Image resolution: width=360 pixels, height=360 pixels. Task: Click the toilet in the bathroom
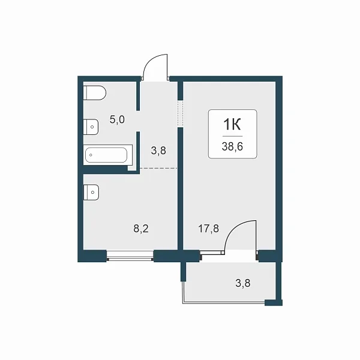[x=95, y=93]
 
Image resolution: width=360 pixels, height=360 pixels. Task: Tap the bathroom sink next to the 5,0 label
[x=91, y=127]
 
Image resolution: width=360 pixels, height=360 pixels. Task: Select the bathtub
[x=106, y=155]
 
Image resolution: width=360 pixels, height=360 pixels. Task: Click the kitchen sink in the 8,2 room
[x=91, y=192]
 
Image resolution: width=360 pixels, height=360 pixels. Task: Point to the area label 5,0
[x=117, y=119]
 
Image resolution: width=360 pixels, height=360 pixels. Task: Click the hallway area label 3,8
[x=158, y=151]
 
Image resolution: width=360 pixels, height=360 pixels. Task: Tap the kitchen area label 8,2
[x=141, y=229]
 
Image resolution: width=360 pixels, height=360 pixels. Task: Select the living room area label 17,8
[x=208, y=229]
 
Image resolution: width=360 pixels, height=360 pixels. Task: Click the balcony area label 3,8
[x=243, y=283]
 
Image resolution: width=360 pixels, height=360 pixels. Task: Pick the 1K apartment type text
[x=232, y=125]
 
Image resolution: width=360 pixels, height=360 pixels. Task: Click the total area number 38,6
[x=232, y=146]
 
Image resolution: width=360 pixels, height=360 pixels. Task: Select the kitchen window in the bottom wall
[x=130, y=256]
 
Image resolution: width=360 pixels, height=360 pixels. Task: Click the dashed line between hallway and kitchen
[x=158, y=168]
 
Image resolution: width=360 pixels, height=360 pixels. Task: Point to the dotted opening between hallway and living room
[x=181, y=113]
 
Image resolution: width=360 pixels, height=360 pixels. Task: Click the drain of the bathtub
[x=91, y=155]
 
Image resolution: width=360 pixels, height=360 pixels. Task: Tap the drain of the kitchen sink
[x=92, y=192]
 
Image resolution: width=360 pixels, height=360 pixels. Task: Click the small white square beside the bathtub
[x=132, y=168]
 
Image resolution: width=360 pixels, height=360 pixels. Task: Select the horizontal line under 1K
[x=232, y=136]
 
